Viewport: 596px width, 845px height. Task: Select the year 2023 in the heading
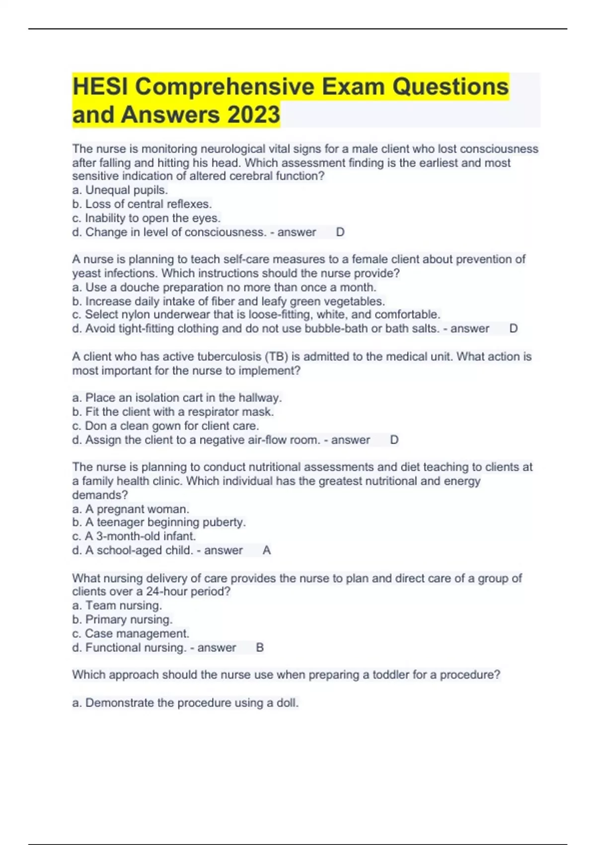tap(253, 114)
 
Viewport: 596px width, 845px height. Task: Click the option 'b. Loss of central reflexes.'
tap(142, 204)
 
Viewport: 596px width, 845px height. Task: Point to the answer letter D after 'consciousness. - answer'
tap(340, 232)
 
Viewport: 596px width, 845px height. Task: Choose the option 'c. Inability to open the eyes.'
tap(146, 218)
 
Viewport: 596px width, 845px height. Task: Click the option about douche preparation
tap(224, 287)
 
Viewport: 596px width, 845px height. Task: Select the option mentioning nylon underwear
tap(256, 315)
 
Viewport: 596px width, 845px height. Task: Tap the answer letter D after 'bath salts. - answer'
tap(514, 329)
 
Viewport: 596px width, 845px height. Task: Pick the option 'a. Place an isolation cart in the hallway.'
tap(177, 398)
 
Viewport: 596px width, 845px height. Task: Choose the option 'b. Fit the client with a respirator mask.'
tap(173, 412)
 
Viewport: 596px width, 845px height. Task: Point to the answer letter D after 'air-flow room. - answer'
tap(394, 440)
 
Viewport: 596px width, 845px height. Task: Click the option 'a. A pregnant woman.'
tap(131, 509)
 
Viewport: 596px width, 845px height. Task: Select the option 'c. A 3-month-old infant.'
tap(134, 536)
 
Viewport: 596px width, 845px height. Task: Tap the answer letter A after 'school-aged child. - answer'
tap(267, 550)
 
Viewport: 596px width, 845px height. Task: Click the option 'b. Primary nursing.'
tap(122, 619)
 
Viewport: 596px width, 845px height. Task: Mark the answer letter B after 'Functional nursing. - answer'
tap(260, 648)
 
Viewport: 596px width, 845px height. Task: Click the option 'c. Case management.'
tap(131, 634)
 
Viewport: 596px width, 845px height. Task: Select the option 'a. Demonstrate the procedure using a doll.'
tap(185, 703)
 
